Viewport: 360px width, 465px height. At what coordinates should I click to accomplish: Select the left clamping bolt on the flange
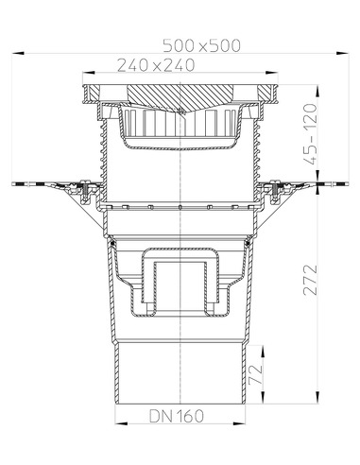tap(89, 194)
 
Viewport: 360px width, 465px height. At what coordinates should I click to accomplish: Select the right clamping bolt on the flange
tap(270, 194)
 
